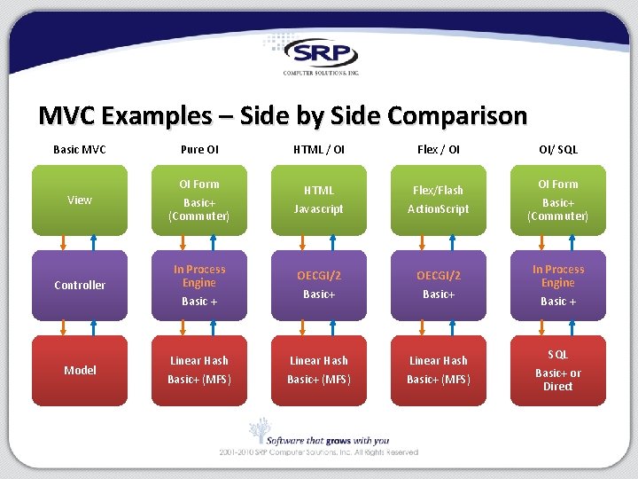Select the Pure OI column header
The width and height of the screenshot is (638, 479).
point(199,150)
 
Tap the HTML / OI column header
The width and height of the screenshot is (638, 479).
point(319,150)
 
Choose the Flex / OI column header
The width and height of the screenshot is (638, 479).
point(439,150)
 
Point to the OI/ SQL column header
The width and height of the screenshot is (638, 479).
point(558,150)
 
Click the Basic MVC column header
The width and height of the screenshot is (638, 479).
point(80,150)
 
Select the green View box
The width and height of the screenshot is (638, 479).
point(80,200)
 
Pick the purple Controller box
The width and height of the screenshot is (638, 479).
point(80,286)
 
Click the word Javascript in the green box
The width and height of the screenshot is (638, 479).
point(319,209)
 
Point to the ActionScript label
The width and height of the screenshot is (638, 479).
point(439,209)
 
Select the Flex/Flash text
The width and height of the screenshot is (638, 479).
point(439,190)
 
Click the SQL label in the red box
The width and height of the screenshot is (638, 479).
point(558,355)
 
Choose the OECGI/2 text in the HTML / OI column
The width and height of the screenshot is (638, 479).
point(319,276)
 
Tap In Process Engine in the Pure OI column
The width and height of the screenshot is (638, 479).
point(199,276)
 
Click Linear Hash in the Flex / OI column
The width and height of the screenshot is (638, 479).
point(439,361)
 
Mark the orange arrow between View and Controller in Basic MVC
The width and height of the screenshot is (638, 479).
point(62,243)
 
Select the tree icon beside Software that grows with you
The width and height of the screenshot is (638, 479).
point(259,431)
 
